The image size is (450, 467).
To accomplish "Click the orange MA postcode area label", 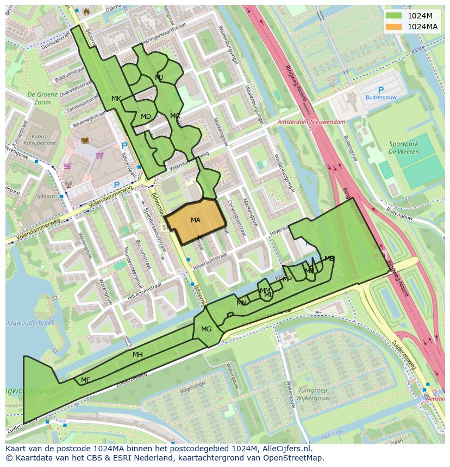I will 196,220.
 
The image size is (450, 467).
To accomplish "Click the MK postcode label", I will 116,99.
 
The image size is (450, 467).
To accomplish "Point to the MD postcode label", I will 146,117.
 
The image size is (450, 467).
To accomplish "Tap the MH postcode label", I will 137,355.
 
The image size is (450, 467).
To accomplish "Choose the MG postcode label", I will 206,329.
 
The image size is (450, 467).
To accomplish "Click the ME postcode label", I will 85,380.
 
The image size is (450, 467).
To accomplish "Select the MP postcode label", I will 287,279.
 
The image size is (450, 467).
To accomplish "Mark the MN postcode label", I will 241,303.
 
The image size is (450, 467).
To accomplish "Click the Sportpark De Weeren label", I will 404,148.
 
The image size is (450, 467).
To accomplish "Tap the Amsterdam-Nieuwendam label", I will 311,123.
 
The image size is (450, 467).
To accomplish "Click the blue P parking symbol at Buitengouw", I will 380,90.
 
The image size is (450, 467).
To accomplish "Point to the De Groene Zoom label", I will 39,98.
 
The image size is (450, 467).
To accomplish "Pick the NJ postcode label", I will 159,78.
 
